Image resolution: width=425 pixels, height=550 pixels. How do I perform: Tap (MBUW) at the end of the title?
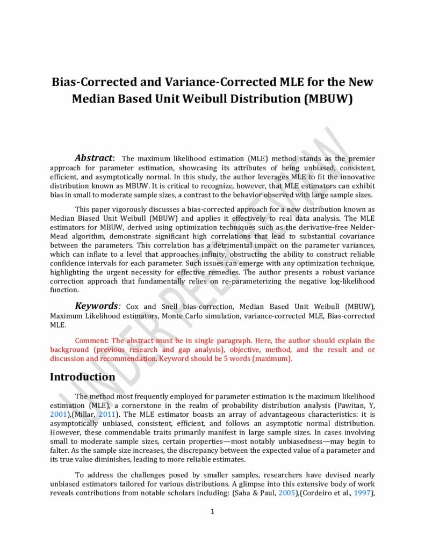[328, 99]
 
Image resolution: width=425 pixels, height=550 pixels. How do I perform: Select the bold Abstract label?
[93, 158]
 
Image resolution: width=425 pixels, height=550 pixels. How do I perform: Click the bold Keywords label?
[97, 306]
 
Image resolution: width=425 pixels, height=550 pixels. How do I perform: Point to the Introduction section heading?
[82, 377]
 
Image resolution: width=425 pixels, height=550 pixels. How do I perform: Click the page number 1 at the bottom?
[212, 511]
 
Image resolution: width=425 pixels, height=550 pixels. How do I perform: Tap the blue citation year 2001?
[58, 415]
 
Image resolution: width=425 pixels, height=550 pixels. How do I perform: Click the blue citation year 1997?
[364, 493]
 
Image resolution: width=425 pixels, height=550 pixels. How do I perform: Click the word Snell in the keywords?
[175, 307]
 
